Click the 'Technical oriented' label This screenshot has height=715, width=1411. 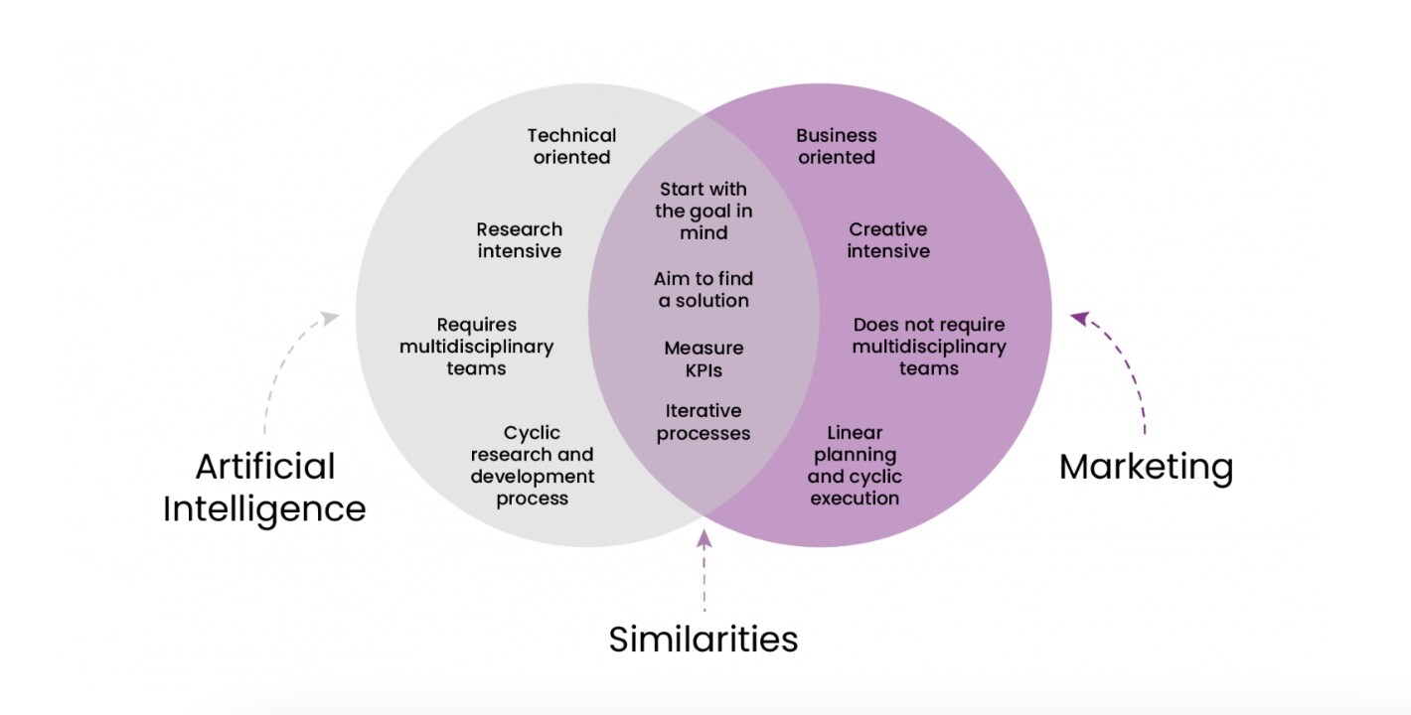coord(571,146)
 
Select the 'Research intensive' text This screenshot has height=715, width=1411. coord(519,240)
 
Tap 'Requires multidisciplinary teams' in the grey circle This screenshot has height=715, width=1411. coord(477,347)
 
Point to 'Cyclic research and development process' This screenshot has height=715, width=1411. coord(533,465)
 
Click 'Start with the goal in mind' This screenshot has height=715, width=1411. coord(704,211)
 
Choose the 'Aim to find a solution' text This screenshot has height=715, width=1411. coord(704,289)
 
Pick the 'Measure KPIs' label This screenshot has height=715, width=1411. coord(704,359)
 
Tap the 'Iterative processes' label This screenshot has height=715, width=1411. coord(704,422)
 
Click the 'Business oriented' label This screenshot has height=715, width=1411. coord(837,146)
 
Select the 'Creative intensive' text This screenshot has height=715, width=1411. coord(889,240)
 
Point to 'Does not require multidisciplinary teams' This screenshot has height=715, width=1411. coord(929,347)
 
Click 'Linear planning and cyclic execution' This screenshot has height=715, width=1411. coord(855,465)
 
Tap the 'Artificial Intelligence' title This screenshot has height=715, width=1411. coord(264,487)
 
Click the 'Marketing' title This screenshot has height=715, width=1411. coord(1146,466)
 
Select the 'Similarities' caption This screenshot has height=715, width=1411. coord(704,639)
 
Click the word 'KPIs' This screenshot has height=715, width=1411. coord(704,370)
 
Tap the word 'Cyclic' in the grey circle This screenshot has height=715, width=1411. coord(533,433)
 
